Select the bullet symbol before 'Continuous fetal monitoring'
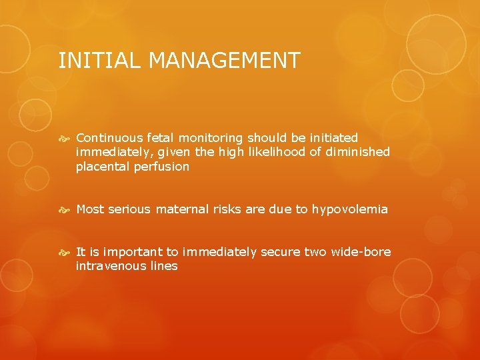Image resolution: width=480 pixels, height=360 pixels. click(65, 138)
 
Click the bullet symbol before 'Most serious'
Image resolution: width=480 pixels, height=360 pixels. click(65, 209)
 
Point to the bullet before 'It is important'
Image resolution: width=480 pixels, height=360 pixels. click(65, 252)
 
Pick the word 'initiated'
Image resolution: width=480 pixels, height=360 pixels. click(333, 138)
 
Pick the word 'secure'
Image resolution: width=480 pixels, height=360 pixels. click(280, 252)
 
